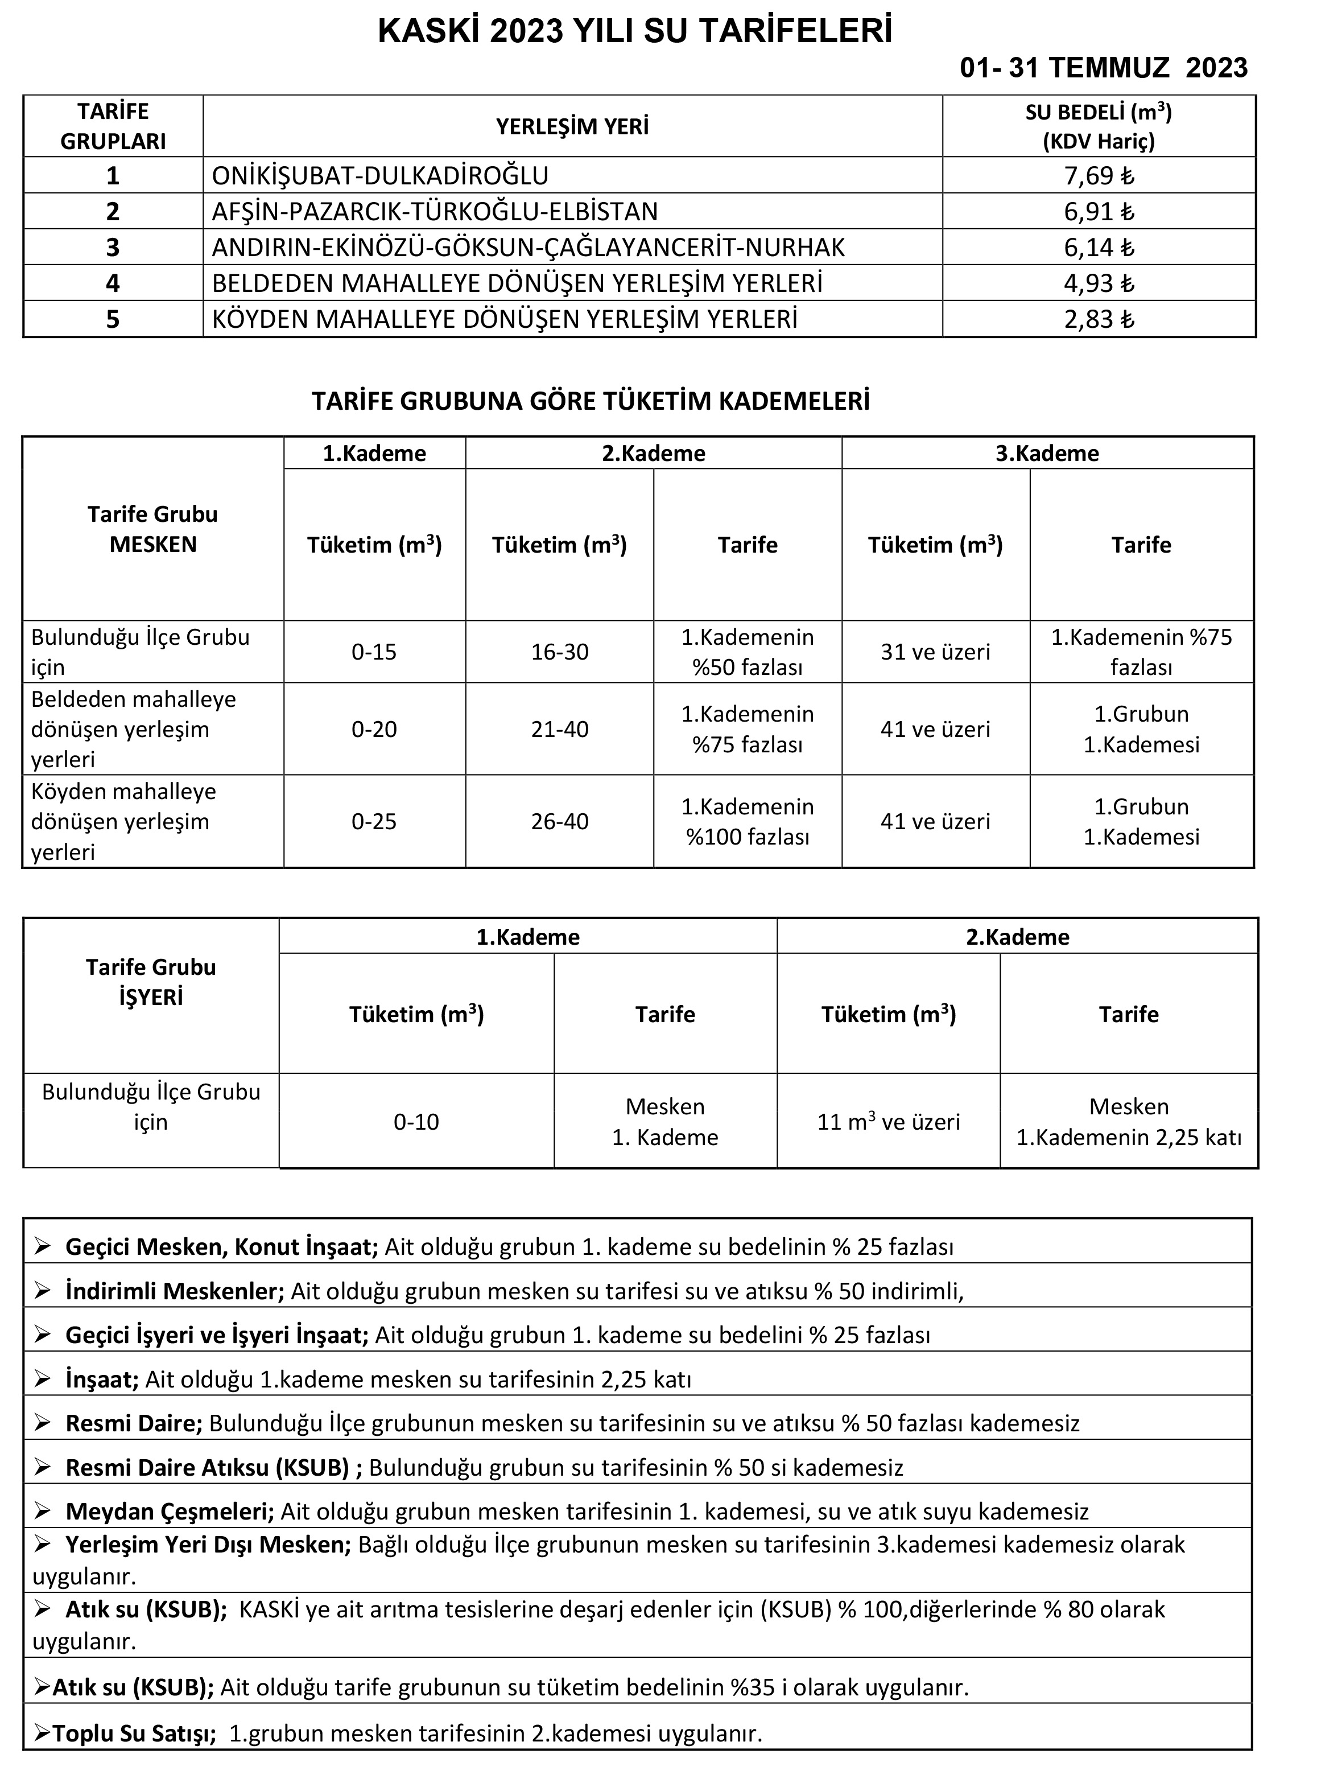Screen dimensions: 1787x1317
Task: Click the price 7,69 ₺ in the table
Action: tap(1098, 175)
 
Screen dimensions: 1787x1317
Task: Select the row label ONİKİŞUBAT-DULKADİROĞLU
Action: tap(380, 175)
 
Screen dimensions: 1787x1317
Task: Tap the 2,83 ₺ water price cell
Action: tap(1098, 319)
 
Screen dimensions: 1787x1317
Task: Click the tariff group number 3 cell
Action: tap(113, 247)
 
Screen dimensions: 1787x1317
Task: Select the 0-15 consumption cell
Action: tap(374, 652)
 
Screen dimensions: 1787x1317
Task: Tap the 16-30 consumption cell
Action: tap(560, 652)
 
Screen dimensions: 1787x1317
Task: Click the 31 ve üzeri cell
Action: tap(935, 652)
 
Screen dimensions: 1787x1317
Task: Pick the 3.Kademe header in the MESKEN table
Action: tap(1047, 453)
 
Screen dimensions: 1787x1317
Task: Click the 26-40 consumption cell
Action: tap(560, 821)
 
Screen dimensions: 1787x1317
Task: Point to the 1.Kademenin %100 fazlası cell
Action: tap(747, 821)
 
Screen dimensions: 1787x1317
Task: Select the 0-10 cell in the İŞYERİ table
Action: tap(416, 1122)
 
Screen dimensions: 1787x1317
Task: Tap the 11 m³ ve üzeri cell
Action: tap(888, 1122)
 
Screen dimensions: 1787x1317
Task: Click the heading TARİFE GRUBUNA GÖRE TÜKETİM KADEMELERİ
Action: tap(590, 401)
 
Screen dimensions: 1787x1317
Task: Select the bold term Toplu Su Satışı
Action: tap(134, 1734)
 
